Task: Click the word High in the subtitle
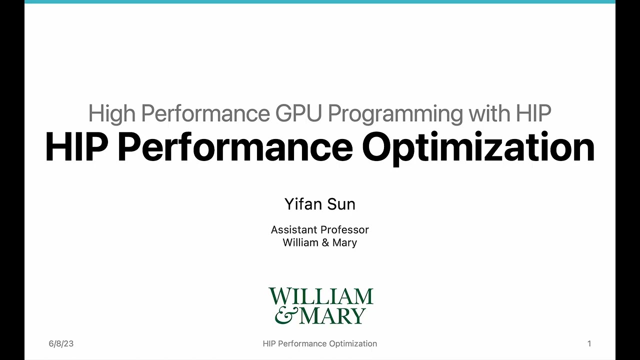click(x=112, y=114)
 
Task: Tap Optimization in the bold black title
click(x=478, y=148)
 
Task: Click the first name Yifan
click(x=302, y=204)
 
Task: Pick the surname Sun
click(x=341, y=204)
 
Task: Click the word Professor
click(x=344, y=230)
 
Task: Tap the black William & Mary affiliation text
click(x=320, y=242)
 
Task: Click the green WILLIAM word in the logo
click(x=321, y=296)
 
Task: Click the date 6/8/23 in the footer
click(x=61, y=343)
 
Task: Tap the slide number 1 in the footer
click(x=589, y=343)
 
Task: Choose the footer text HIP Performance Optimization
click(x=320, y=343)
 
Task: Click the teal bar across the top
click(x=320, y=1)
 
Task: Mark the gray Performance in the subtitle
click(x=206, y=114)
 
